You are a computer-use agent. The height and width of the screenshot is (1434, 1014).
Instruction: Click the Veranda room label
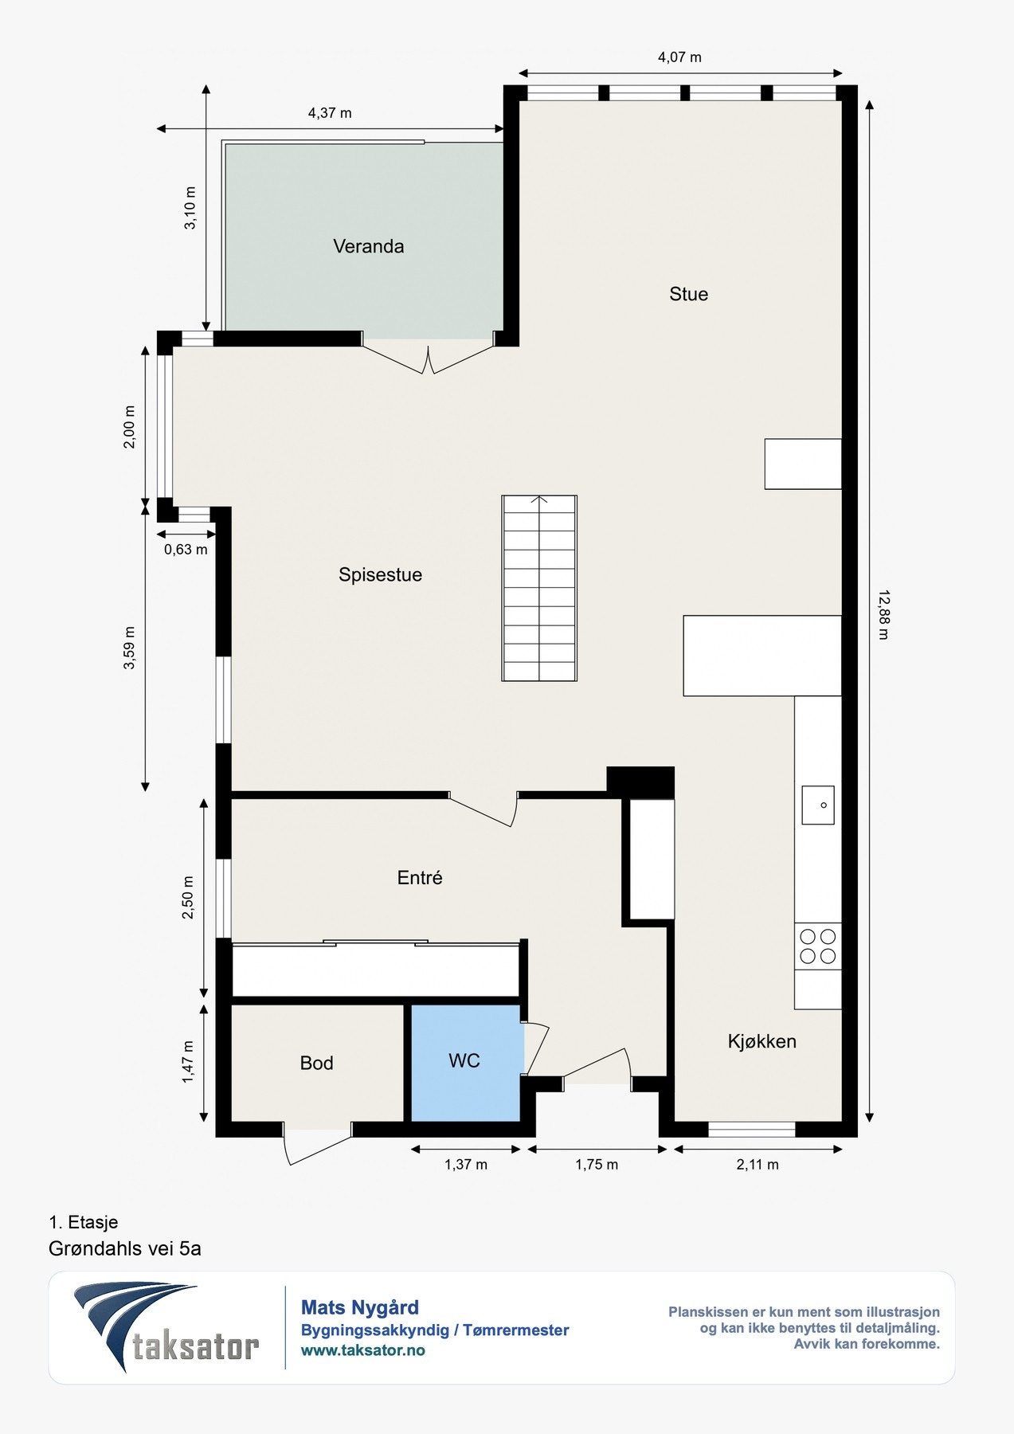click(368, 246)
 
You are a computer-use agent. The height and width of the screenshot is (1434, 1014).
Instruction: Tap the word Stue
click(688, 294)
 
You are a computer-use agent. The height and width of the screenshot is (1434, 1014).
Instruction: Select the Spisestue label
click(380, 575)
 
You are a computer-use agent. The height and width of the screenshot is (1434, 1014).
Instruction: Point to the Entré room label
click(420, 877)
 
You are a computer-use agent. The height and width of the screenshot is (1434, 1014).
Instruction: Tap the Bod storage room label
click(316, 1063)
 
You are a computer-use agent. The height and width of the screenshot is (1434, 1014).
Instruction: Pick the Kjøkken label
click(761, 1041)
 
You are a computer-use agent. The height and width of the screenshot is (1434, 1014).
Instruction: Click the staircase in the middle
click(539, 588)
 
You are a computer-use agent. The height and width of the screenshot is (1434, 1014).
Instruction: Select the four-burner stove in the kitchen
click(818, 946)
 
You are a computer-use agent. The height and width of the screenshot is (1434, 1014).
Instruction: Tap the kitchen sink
click(818, 805)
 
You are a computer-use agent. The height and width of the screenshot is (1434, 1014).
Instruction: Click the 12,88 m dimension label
click(883, 614)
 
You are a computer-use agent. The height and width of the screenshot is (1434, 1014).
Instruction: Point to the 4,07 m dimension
click(679, 57)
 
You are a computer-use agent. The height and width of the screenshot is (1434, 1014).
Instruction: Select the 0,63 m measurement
click(186, 550)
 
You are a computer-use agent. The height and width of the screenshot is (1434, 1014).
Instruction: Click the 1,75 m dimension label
click(597, 1165)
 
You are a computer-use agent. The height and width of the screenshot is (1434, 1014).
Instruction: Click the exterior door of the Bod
click(317, 1145)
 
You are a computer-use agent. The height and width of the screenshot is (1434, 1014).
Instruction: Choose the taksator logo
click(166, 1327)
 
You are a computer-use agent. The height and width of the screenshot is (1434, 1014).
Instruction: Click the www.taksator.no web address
click(363, 1350)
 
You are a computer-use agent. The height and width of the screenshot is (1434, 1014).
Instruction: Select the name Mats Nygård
click(360, 1307)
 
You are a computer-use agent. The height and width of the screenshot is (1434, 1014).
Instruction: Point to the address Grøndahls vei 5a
click(125, 1248)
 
